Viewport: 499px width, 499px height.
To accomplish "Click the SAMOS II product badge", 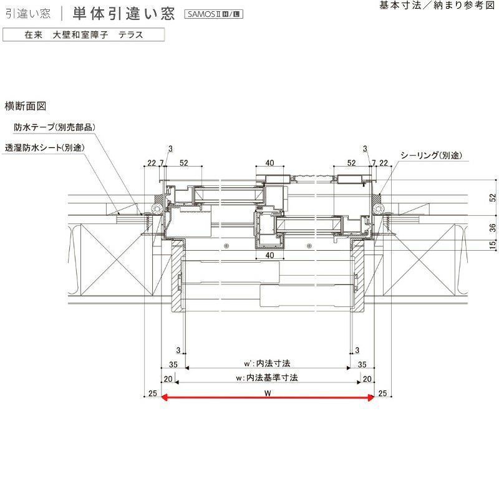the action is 213,14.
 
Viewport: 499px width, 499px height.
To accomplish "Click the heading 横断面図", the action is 26,106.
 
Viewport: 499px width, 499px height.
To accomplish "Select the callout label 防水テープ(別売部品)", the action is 54,127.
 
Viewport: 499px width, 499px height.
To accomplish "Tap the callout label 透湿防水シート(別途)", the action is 44,148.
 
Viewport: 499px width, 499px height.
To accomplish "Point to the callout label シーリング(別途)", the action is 431,155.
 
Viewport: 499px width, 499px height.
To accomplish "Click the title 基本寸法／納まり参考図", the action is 437,6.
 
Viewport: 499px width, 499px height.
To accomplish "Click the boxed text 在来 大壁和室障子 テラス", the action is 84,35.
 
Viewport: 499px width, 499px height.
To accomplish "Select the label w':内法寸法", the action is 267,363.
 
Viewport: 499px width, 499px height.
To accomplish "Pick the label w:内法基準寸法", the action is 267,378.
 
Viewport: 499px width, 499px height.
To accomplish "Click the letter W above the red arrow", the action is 268,393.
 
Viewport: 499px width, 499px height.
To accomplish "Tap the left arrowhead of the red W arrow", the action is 164,397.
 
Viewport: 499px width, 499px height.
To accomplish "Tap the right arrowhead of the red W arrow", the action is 371,397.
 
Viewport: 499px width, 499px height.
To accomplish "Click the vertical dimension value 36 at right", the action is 493,228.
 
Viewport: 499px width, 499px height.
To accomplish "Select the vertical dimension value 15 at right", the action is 493,245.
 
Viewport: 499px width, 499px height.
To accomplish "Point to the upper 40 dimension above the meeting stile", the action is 269,163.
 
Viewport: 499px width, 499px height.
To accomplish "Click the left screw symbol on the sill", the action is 226,246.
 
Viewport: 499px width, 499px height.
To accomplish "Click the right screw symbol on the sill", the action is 309,246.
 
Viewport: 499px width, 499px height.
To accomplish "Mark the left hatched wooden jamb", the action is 178,272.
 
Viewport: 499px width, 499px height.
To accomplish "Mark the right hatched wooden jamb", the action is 357,272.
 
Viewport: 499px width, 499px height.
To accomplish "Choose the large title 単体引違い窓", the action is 124,14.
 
